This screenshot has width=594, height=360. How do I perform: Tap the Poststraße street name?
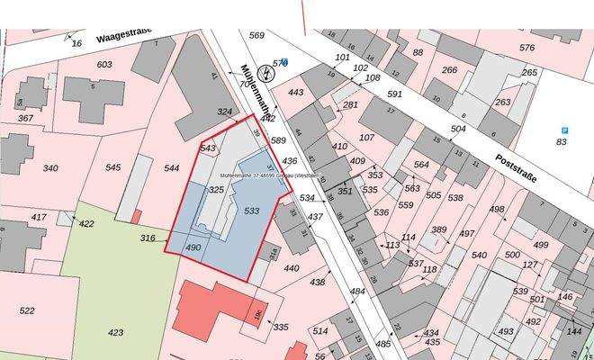pyautogui.click(x=516, y=167)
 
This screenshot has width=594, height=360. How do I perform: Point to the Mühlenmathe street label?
pyautogui.click(x=251, y=90)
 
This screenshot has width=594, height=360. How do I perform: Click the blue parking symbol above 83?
pyautogui.click(x=564, y=130)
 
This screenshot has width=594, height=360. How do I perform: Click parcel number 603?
pyautogui.click(x=104, y=64)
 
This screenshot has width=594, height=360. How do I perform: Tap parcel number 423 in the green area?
pyautogui.click(x=116, y=332)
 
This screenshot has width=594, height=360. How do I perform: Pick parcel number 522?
pyautogui.click(x=27, y=310)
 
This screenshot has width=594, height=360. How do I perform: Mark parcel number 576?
pyautogui.click(x=526, y=48)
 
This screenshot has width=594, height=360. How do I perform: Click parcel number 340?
pyautogui.click(x=50, y=168)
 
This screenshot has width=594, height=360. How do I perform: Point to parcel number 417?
pyautogui.click(x=39, y=217)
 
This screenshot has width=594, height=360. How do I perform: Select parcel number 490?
pyautogui.click(x=193, y=247)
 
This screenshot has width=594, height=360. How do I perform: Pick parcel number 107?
pyautogui.click(x=366, y=138)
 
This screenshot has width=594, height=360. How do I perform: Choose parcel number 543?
pyautogui.click(x=209, y=148)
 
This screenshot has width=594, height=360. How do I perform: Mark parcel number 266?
pyautogui.click(x=449, y=70)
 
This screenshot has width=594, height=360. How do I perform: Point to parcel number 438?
pyautogui.click(x=318, y=283)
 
